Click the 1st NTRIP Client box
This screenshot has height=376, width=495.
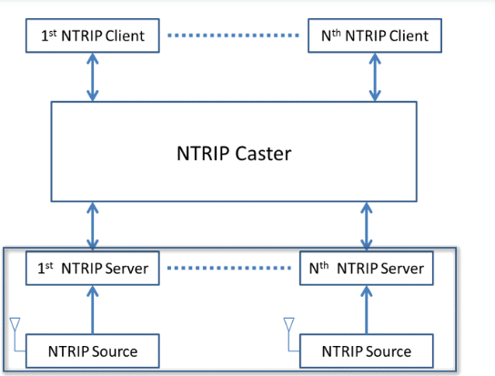tap(93, 36)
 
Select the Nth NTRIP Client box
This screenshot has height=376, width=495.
tap(375, 36)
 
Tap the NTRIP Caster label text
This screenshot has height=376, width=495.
tap(234, 154)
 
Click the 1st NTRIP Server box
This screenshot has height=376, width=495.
tap(93, 269)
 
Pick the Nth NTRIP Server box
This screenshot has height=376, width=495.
tap(366, 269)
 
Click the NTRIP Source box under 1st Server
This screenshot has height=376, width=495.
tap(93, 351)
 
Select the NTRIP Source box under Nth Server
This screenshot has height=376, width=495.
tap(366, 351)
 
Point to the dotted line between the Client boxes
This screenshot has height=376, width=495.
tap(233, 36)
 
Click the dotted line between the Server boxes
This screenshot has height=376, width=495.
tap(229, 268)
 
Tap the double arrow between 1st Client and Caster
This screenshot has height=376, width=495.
tap(93, 77)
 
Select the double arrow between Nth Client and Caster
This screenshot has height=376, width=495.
tap(375, 77)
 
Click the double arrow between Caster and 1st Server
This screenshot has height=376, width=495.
tap(93, 226)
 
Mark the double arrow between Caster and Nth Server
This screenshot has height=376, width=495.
tap(366, 226)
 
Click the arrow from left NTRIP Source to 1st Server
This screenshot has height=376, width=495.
tap(93, 310)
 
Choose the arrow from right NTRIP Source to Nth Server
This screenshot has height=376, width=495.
tap(366, 310)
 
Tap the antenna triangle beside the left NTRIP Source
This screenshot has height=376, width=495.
tap(15, 322)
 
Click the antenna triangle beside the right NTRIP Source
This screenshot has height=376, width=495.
tap(288, 322)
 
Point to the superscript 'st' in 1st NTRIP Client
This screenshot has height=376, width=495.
tap(53, 33)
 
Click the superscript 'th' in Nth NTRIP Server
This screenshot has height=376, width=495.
tap(324, 266)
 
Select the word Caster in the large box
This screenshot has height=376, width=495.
tap(263, 154)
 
